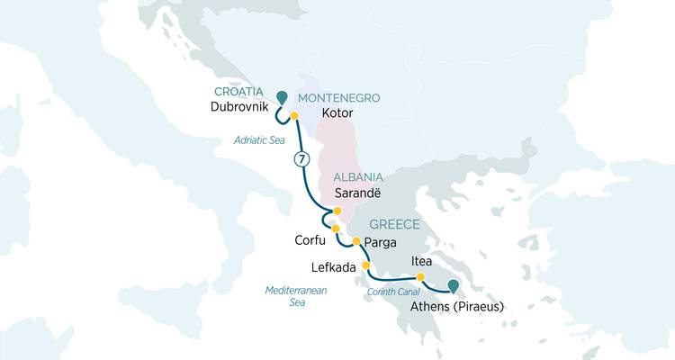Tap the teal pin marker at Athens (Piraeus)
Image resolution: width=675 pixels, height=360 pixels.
453,286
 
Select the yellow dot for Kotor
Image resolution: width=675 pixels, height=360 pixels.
294,115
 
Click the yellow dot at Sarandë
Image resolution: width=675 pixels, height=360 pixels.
337,211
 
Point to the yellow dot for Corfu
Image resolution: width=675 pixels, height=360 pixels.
336,229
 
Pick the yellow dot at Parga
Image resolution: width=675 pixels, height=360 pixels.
356,241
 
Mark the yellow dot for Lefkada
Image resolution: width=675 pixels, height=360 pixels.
366,265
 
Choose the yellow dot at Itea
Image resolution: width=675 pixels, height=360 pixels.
420,276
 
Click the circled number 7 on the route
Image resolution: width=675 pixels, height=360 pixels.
301,159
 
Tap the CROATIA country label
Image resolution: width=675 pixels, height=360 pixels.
238,93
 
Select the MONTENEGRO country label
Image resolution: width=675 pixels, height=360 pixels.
338,97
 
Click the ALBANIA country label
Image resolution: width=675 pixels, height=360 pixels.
359,177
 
